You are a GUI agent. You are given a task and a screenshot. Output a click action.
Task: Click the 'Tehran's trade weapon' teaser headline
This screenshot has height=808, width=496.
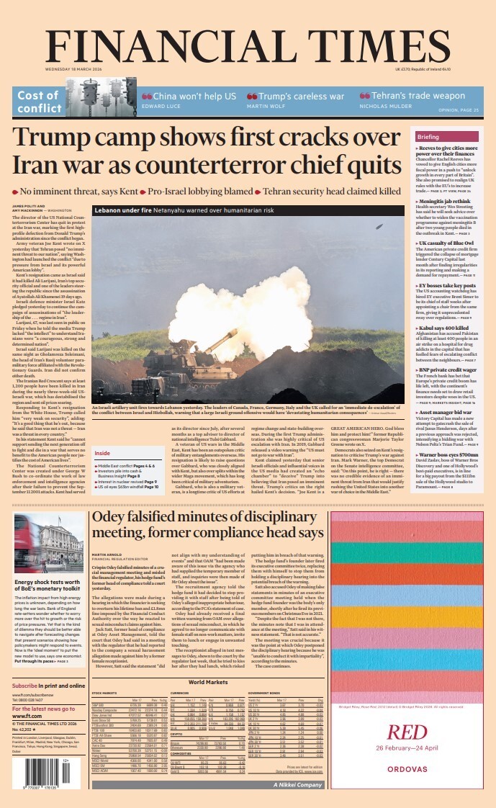[x=412, y=96]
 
